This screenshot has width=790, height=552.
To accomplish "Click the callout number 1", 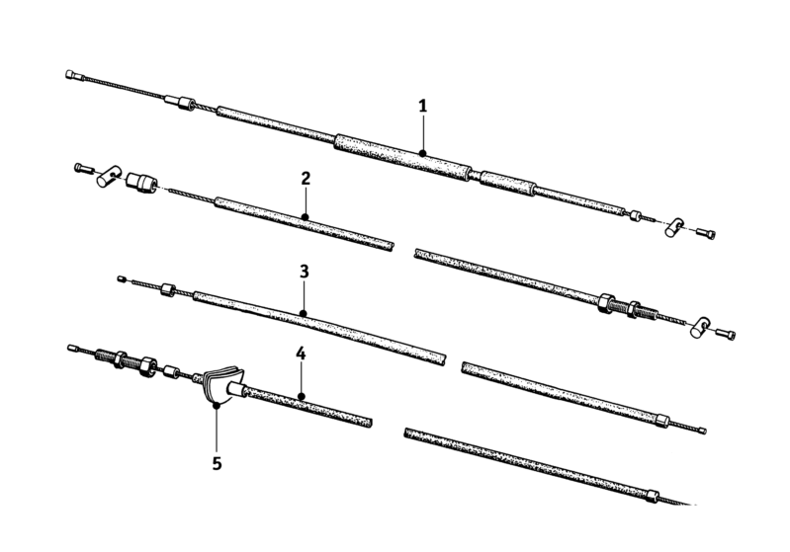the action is (423, 107).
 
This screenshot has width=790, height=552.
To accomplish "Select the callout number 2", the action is (306, 178).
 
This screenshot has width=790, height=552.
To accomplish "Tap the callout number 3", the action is (304, 272).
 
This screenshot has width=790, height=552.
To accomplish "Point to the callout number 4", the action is (301, 354).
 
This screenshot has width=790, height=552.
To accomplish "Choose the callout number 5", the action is (217, 463).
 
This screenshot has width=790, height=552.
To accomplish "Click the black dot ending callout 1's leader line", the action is (423, 153).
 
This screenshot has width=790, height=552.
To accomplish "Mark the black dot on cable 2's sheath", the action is (305, 217).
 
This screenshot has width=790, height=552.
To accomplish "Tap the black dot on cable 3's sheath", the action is (304, 314).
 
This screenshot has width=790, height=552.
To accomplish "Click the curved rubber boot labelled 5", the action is (223, 384).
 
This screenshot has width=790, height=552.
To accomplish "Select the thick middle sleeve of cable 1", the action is (402, 155).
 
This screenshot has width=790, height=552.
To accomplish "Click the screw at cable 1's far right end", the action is (706, 232).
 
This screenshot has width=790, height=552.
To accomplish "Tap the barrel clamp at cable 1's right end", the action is (674, 227).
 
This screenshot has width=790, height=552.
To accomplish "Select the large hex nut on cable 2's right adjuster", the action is (606, 302).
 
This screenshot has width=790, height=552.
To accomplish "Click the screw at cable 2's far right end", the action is (726, 333).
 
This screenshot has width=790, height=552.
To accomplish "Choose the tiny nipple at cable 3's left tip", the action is (121, 278).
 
